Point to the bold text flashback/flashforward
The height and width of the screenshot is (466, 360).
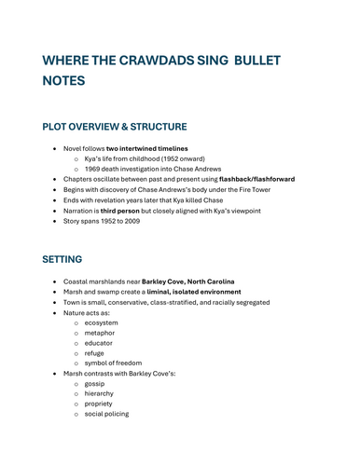coord(243,179)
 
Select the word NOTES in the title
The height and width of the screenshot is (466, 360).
coord(64,81)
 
